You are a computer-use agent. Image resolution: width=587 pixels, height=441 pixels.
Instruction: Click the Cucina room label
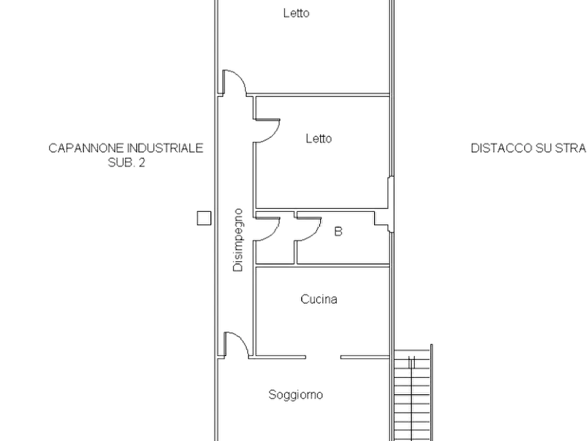319,299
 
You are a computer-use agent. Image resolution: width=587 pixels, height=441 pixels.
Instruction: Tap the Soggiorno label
296,395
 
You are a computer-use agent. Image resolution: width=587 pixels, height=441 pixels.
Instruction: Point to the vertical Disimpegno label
238,240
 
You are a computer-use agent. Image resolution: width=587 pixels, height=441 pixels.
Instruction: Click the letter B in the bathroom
338,232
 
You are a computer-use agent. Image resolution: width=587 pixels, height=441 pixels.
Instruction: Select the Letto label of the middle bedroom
319,139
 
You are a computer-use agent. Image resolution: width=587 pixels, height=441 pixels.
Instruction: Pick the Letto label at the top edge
296,13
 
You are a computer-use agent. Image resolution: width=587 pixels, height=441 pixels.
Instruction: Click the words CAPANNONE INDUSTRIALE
126,148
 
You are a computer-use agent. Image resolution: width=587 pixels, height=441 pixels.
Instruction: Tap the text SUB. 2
126,163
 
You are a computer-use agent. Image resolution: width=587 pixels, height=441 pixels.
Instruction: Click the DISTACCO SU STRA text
528,148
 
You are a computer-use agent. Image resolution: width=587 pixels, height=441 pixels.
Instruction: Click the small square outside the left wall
204,219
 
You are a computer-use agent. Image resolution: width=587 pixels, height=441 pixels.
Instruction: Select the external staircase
413,393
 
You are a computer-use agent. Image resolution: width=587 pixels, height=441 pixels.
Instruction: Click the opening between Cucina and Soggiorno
323,357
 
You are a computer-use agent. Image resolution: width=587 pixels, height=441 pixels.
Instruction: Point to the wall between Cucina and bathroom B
322,265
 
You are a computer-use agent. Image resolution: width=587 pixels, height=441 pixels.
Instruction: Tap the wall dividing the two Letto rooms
318,95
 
